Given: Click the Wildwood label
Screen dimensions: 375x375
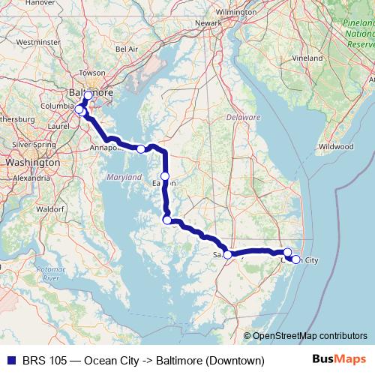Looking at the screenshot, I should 335,147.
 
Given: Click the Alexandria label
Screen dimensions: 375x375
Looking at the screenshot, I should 31,178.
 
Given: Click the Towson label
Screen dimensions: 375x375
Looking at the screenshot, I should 92,73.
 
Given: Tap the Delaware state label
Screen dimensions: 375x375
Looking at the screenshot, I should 242,118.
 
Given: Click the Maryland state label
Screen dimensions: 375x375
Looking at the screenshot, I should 123,177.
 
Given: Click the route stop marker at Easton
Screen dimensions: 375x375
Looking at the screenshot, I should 165,176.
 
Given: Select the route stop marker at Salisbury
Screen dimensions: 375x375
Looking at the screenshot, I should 228,255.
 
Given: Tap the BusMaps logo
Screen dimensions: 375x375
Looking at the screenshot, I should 345,360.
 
